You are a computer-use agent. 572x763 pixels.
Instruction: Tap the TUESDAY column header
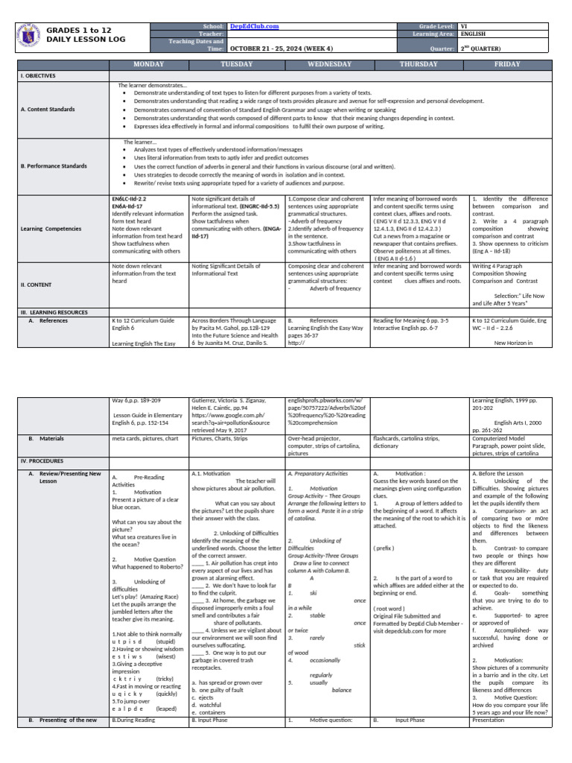(x=237, y=64)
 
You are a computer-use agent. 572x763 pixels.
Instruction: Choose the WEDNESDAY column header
(x=327, y=64)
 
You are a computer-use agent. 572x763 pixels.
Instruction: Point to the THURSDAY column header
(x=419, y=64)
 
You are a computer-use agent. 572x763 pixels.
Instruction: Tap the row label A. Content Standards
(x=48, y=110)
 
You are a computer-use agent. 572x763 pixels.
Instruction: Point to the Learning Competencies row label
(x=50, y=229)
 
